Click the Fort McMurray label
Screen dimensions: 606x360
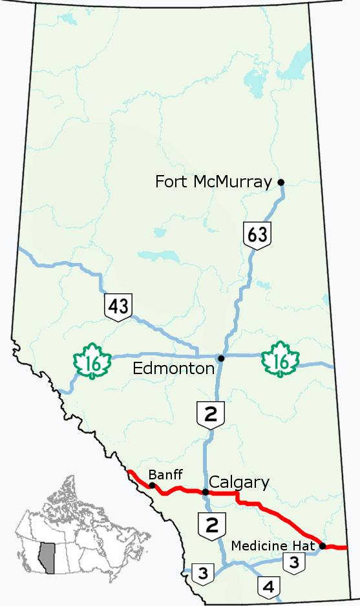pyautogui.click(x=213, y=182)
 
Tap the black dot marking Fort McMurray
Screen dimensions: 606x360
pyautogui.click(x=281, y=182)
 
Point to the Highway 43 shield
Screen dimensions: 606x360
pyautogui.click(x=119, y=306)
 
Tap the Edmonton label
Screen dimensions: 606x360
pyautogui.click(x=173, y=368)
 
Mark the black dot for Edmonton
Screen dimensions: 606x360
pyautogui.click(x=221, y=358)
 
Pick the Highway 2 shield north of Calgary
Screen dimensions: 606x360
pyautogui.click(x=211, y=415)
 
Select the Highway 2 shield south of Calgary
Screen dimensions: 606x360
pyautogui.click(x=211, y=525)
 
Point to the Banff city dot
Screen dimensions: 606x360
pyautogui.click(x=152, y=485)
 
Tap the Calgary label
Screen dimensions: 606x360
pyautogui.click(x=239, y=482)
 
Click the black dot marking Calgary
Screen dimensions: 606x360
pyautogui.click(x=206, y=492)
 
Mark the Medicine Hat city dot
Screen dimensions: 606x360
pyautogui.click(x=322, y=546)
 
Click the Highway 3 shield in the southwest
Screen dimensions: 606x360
pyautogui.click(x=203, y=572)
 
